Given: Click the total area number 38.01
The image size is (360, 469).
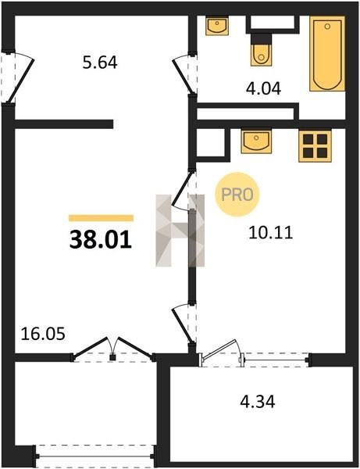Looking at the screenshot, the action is point(101,240).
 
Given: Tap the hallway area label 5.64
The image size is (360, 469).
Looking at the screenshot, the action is point(100,63).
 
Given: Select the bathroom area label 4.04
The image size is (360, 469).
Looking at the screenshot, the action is point(263,88).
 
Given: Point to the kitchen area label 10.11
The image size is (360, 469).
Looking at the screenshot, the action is point(270,233).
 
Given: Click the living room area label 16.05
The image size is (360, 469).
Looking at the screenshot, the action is point(43,334).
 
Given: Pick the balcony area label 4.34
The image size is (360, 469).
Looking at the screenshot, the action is point(258,402).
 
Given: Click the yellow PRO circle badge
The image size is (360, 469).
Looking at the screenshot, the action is point(237,195).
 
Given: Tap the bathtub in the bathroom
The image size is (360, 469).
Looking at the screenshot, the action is point(327,53).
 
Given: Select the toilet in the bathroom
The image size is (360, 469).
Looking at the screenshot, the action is point(262,50).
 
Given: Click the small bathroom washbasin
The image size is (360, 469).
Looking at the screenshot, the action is point(217,26).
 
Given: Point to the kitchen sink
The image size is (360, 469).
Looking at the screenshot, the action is point(256,141).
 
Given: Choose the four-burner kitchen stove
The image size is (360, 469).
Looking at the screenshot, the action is point(315,146).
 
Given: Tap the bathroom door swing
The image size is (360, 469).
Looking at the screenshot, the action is point(181,74).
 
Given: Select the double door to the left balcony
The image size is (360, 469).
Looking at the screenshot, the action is point(112,349).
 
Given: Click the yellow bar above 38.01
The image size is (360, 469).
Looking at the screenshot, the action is point(101,218).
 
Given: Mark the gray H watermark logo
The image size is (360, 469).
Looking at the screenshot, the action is point(180,231).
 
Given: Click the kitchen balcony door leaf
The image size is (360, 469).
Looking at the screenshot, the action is point(219,349).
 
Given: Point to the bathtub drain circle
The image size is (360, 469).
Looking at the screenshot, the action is point(327,27).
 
